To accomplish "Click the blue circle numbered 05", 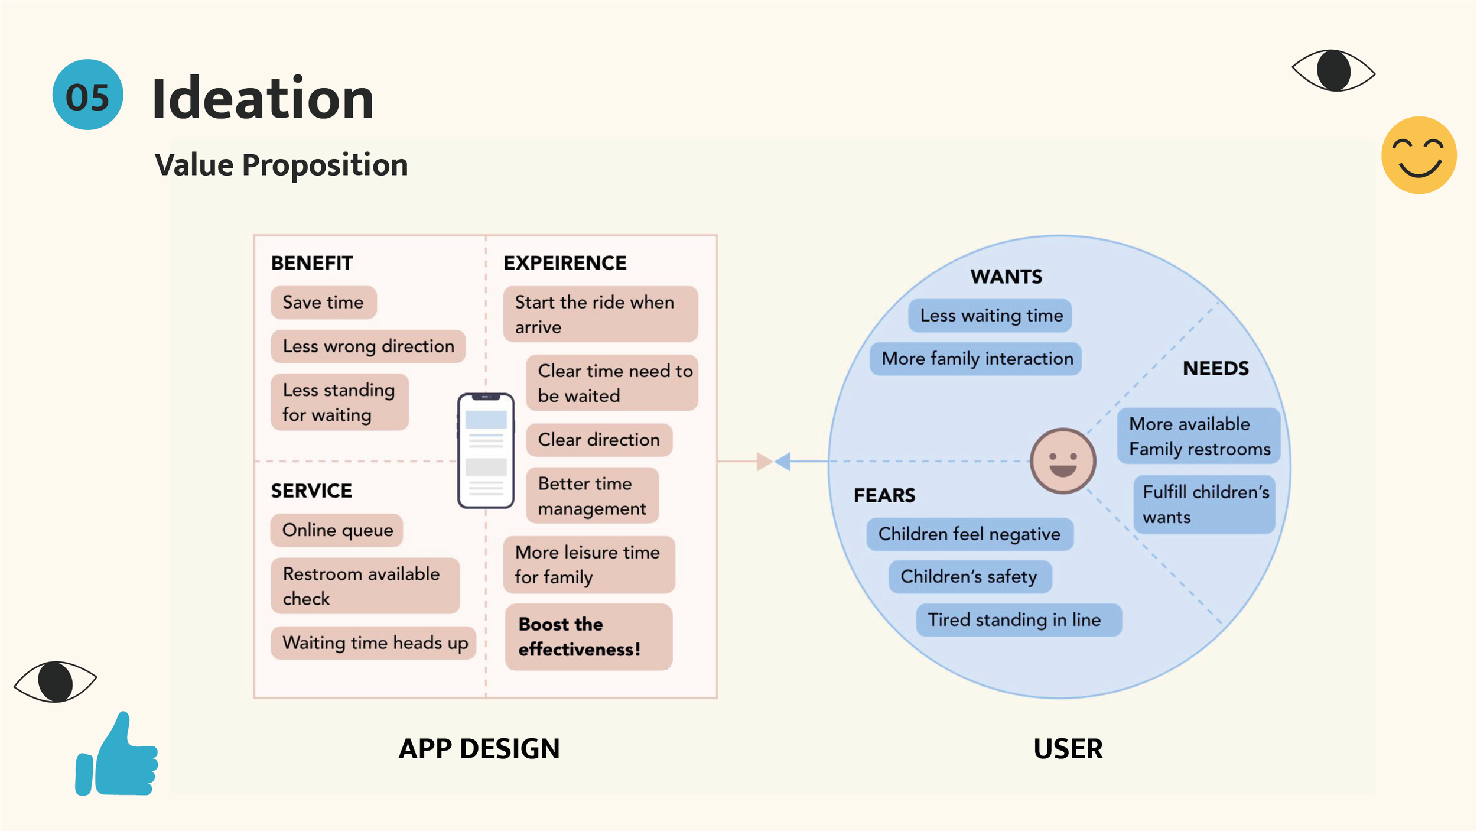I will (87, 95).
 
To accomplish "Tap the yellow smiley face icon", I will (1419, 155).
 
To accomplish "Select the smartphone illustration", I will (486, 450).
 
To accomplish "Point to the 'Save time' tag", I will (323, 303).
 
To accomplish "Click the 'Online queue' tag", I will (337, 530).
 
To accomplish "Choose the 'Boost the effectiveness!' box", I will (588, 637).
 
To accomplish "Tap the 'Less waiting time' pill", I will (991, 316).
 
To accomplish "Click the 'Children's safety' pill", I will (970, 576).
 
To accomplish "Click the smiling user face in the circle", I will (1062, 461).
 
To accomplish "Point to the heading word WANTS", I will (1006, 277).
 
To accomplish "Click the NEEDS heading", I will (1215, 369).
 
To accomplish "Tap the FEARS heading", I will (884, 495).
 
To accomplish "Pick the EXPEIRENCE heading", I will (565, 263).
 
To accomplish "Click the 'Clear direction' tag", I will (598, 440).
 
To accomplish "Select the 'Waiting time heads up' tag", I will (375, 642).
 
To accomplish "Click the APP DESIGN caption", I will (479, 749).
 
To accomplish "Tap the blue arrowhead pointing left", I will (783, 461).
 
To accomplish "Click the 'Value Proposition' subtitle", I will (281, 165).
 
